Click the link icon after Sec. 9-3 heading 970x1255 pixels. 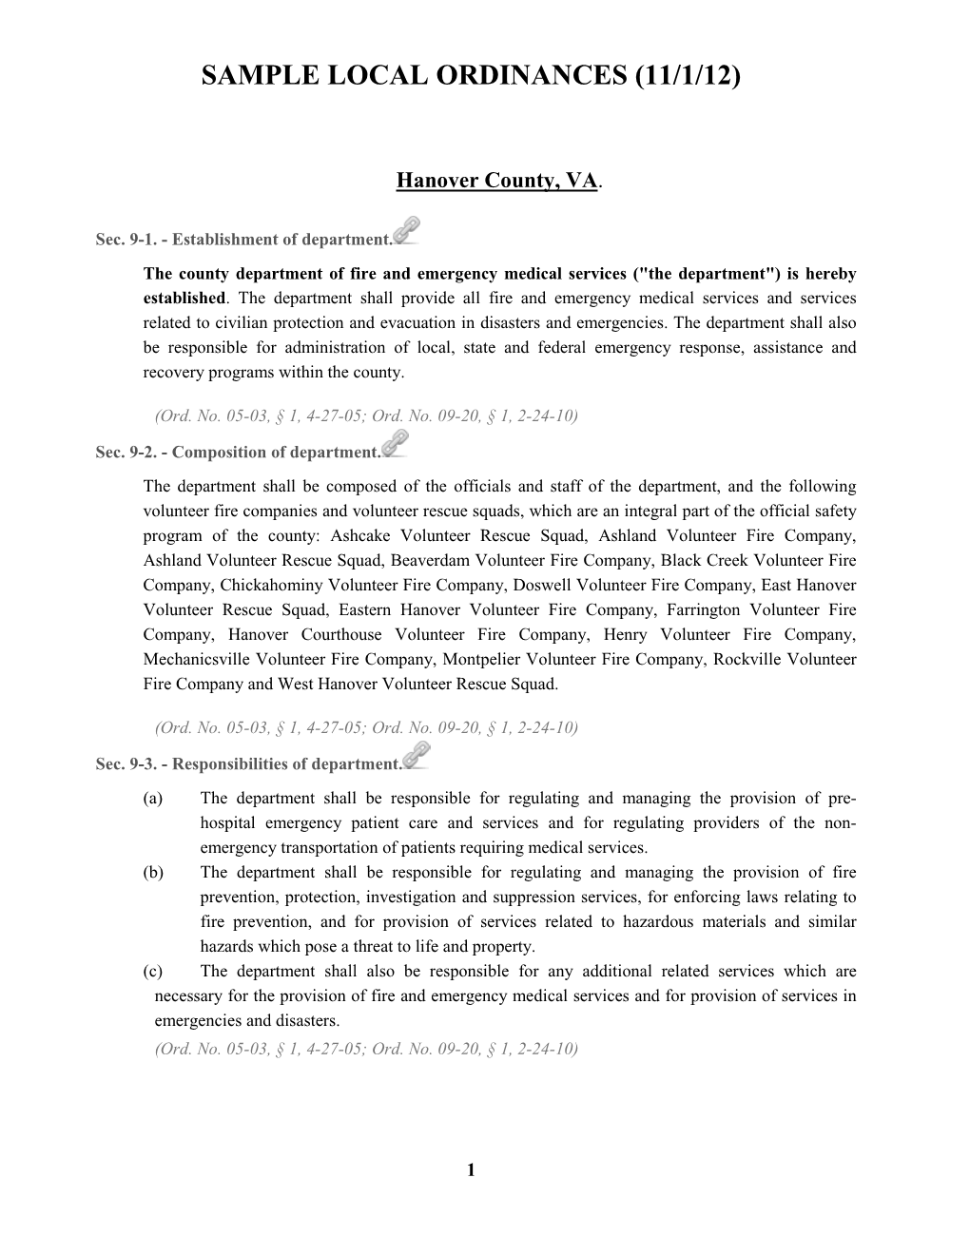click(417, 756)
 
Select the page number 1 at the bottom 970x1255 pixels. click(471, 1169)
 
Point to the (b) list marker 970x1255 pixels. click(153, 873)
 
